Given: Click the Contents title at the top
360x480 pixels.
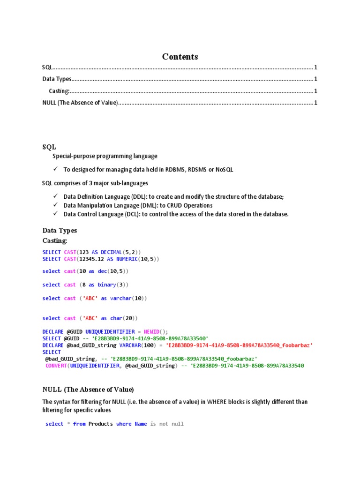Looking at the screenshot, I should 180,57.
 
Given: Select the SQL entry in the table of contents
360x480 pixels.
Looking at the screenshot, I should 47,67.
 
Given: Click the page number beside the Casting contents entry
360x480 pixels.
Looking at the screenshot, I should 315,91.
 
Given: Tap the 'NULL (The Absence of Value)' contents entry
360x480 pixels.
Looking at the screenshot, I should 80,103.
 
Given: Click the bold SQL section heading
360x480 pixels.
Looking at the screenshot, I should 49,147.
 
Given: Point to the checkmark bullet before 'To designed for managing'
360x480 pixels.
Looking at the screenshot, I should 55,169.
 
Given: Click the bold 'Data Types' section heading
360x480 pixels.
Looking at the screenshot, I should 60,231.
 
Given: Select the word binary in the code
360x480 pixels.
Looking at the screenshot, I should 107,285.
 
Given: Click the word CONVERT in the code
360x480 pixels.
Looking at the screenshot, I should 56,366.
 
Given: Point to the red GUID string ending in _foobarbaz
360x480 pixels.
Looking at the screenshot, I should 239,345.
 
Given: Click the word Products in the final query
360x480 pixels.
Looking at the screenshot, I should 101,424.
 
